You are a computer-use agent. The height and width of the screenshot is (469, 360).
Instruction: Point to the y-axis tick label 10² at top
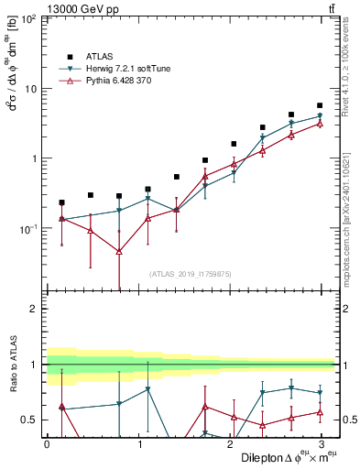click(27, 19)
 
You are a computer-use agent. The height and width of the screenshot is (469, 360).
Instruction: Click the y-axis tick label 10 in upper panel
click(29, 89)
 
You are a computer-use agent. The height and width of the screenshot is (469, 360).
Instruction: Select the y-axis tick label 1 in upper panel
click(33, 158)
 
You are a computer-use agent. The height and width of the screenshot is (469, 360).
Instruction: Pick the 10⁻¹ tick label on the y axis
click(27, 228)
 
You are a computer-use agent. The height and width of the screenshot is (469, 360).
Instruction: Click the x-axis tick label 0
click(47, 443)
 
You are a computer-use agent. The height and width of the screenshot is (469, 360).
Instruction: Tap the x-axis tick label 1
click(138, 443)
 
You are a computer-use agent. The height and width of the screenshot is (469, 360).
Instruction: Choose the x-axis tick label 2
click(230, 443)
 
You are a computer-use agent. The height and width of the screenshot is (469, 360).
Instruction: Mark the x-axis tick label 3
click(322, 443)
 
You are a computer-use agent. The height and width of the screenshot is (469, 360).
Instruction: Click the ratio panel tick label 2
click(33, 309)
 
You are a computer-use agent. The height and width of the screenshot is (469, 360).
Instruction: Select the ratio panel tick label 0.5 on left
click(28, 420)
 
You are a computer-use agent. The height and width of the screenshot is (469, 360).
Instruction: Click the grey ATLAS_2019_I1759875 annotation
click(191, 274)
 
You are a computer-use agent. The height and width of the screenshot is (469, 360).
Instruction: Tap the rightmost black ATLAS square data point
click(320, 106)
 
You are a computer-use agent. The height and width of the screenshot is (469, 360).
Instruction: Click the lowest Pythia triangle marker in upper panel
click(119, 251)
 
